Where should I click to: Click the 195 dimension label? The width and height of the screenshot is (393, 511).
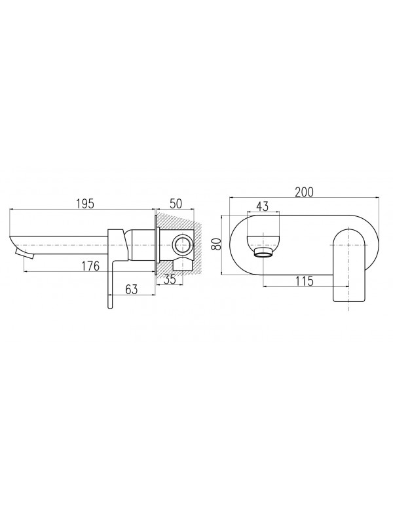(x=84, y=204)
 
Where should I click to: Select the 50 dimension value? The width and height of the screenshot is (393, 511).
(x=176, y=204)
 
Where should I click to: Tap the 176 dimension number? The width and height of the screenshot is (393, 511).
(x=90, y=266)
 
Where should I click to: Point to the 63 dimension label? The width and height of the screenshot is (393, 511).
(x=132, y=289)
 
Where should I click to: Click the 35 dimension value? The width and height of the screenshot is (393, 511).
(x=170, y=279)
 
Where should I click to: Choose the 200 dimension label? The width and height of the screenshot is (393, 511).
(x=304, y=192)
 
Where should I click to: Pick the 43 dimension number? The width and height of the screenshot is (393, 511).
(x=262, y=206)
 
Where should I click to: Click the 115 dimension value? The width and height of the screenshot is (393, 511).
(x=304, y=280)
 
